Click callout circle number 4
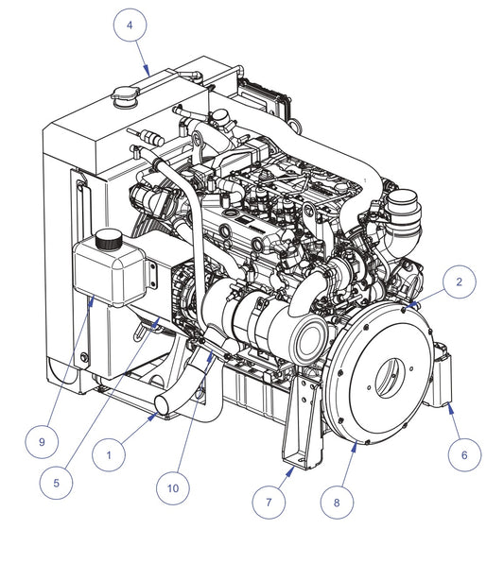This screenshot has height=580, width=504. click(x=130, y=25)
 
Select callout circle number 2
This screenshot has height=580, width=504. click(x=460, y=281)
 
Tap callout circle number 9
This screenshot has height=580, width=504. click(x=42, y=442)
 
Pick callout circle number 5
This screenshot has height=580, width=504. click(x=57, y=483)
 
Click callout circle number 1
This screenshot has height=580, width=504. click(x=109, y=455)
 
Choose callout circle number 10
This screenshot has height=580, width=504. click(x=173, y=488)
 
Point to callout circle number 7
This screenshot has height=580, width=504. click(x=269, y=502)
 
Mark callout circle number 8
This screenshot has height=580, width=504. click(x=337, y=503)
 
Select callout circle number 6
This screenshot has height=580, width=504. click(x=464, y=454)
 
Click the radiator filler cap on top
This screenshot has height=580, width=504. click(x=125, y=96)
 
